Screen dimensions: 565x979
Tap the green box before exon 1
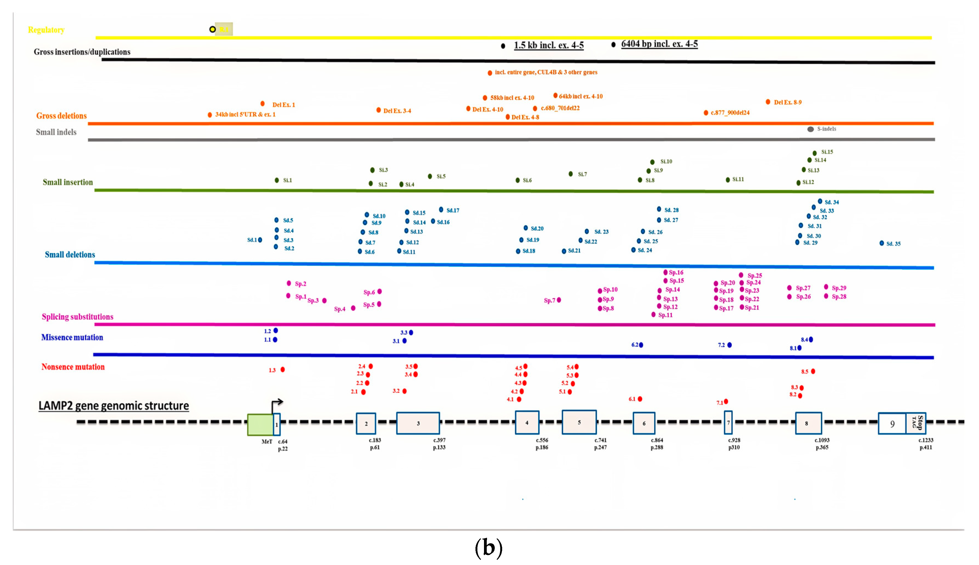click(260, 425)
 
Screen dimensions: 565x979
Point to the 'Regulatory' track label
click(46, 30)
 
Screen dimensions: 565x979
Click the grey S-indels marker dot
click(810, 129)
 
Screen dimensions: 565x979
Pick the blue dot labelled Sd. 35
click(882, 243)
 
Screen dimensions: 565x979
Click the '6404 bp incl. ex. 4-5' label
click(659, 44)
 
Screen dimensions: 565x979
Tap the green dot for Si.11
click(727, 180)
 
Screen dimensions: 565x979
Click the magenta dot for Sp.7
click(559, 300)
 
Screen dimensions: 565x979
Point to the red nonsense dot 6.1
click(640, 399)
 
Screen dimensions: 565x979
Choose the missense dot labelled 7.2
click(729, 345)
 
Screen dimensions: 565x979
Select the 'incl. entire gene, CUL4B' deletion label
click(546, 72)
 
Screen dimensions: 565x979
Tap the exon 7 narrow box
click(728, 423)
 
